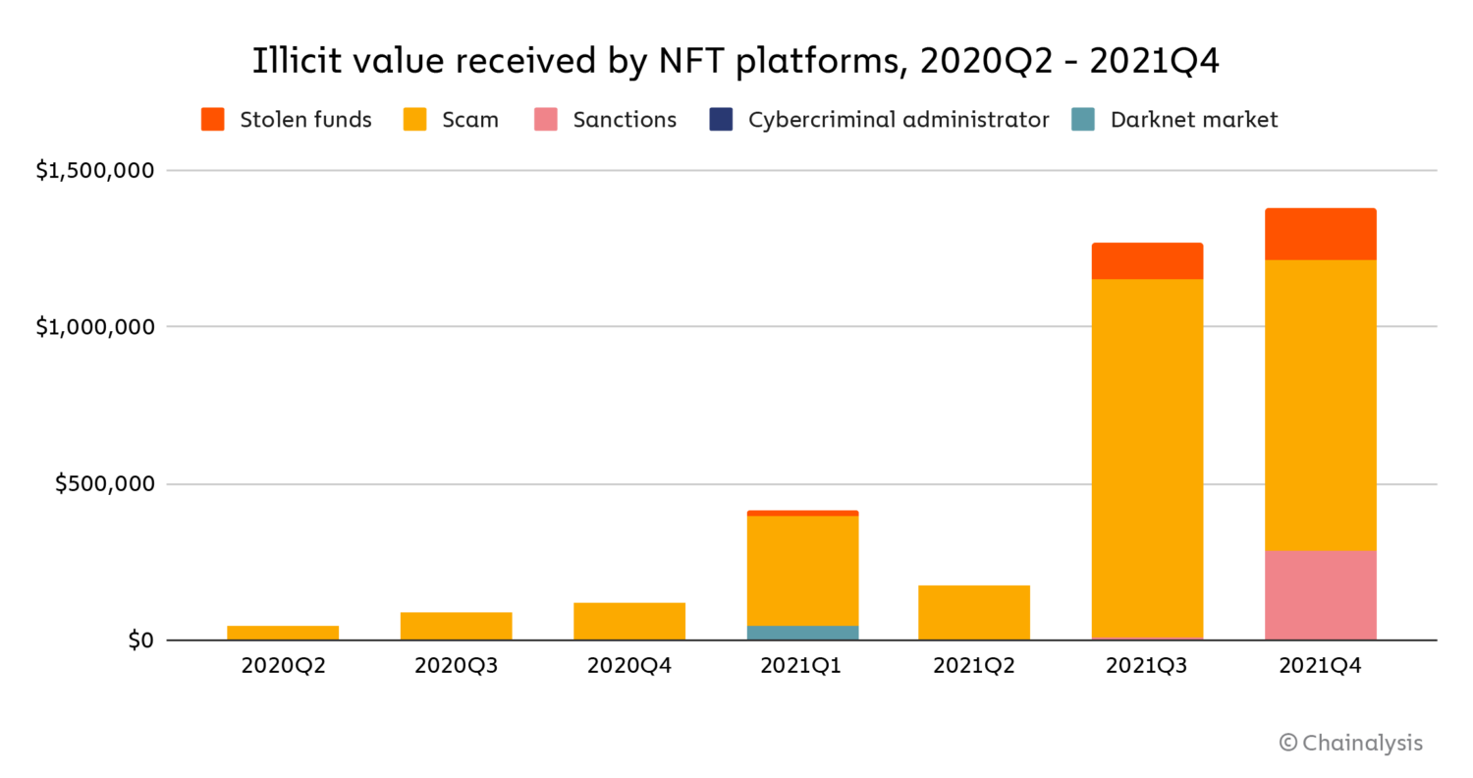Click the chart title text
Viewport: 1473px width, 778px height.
click(x=736, y=61)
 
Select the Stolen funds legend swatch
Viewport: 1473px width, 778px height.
click(x=213, y=120)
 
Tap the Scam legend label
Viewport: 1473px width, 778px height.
click(x=469, y=120)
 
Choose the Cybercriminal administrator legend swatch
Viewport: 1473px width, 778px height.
click(x=720, y=120)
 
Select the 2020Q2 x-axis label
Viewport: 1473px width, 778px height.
click(x=283, y=666)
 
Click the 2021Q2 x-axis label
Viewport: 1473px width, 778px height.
click(x=974, y=666)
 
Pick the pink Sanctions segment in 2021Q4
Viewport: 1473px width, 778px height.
click(x=1320, y=595)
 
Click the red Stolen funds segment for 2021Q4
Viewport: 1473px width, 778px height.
click(x=1320, y=234)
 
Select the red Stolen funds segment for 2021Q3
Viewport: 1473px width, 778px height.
click(x=1147, y=261)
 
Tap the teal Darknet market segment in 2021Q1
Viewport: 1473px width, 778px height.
click(x=802, y=633)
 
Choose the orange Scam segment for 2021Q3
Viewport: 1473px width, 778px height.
click(x=1147, y=457)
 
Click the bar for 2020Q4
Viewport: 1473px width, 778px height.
click(x=628, y=622)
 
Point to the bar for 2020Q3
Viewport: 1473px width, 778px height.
click(x=456, y=627)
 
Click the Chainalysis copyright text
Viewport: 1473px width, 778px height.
click(x=1350, y=743)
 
